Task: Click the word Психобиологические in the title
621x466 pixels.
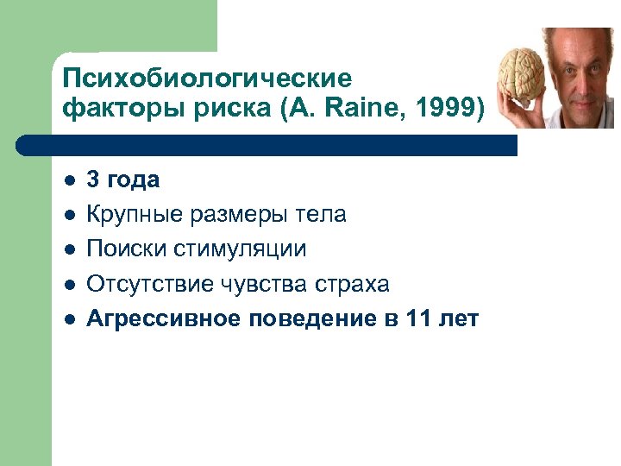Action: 207,79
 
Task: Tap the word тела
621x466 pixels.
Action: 321,215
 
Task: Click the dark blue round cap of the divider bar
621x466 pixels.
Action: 34,145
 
